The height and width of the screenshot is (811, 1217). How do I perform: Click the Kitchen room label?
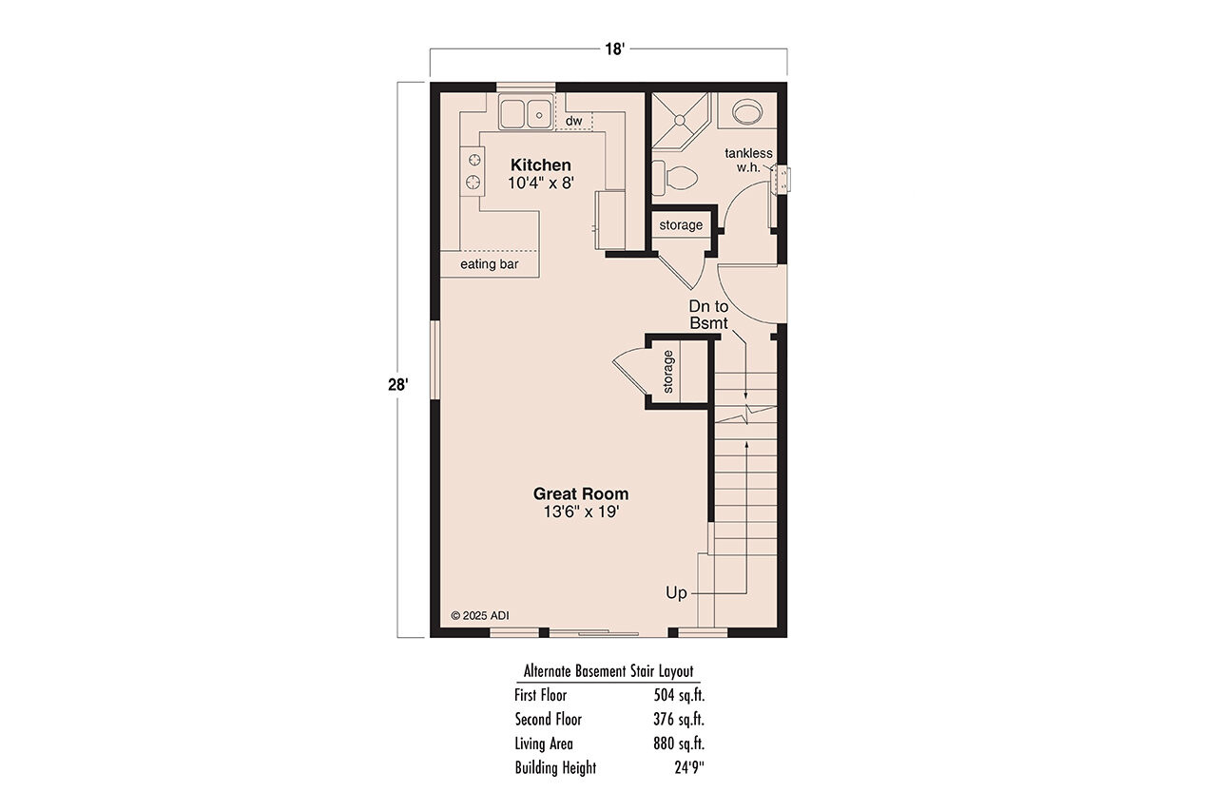click(541, 164)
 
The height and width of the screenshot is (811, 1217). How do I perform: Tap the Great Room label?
click(580, 493)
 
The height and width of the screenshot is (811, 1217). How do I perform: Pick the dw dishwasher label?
click(573, 121)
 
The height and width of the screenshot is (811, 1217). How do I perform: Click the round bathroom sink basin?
click(747, 113)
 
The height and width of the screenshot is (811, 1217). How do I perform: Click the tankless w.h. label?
click(748, 161)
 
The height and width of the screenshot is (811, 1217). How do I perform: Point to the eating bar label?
click(490, 263)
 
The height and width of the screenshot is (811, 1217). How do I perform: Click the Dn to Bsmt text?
click(708, 315)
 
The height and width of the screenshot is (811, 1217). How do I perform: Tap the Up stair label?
click(676, 592)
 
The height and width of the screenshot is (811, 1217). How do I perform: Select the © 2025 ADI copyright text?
click(480, 615)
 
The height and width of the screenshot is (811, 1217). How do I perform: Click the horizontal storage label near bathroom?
click(681, 225)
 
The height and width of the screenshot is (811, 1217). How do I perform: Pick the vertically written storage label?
click(668, 372)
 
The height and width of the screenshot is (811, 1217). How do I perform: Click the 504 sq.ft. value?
click(679, 695)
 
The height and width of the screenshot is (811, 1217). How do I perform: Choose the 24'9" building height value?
click(687, 767)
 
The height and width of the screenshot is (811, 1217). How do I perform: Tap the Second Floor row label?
click(549, 719)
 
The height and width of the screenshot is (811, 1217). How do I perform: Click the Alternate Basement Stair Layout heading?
click(608, 671)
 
